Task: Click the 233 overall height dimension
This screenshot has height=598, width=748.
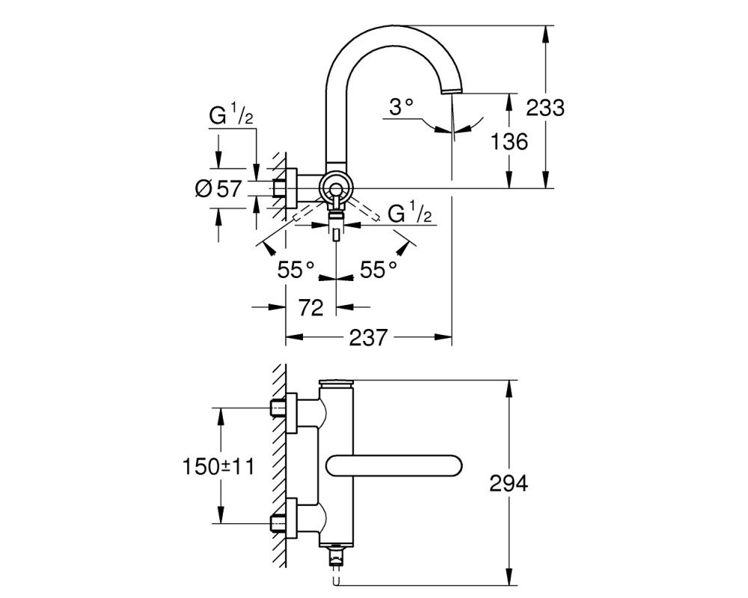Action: [x=545, y=108]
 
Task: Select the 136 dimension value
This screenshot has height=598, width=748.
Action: [x=509, y=141]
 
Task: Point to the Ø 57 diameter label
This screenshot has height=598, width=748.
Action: [x=219, y=188]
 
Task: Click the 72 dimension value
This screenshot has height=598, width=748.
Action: [x=311, y=307]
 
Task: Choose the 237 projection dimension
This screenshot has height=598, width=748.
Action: [x=368, y=338]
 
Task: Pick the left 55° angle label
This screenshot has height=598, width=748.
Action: [x=296, y=270]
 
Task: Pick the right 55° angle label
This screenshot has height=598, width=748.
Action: [x=378, y=270]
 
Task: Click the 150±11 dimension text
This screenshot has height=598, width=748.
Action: [x=219, y=466]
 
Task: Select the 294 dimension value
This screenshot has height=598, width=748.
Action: [x=509, y=484]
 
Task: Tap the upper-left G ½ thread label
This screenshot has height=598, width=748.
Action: [x=231, y=116]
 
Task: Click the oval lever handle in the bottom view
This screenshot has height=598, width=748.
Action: [x=394, y=466]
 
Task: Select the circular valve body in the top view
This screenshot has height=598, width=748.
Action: [x=337, y=188]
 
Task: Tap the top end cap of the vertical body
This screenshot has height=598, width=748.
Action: [x=337, y=383]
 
